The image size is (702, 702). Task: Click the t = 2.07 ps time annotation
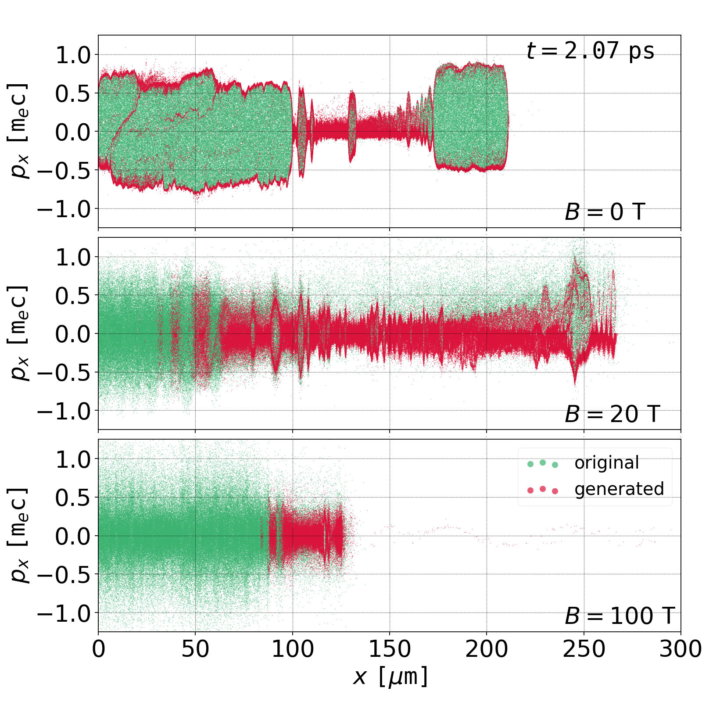tap(590, 51)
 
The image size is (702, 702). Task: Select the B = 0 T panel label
tap(605, 212)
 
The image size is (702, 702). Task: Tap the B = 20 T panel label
tap(612, 414)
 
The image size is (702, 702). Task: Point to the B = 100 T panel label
tap(619, 616)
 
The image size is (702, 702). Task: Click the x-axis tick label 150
tap(390, 649)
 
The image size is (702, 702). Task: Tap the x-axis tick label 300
tap(680, 649)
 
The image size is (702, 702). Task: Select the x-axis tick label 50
tap(195, 649)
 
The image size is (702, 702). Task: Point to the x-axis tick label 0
tap(99, 649)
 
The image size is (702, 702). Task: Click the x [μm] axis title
tap(390, 677)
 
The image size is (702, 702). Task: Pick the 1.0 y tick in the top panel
tap(72, 55)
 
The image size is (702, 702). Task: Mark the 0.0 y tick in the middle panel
tap(72, 334)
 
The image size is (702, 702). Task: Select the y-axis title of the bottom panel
tap(19, 535)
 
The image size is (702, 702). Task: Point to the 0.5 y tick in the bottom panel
tap(72, 497)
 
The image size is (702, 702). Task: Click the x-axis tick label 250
tap(584, 649)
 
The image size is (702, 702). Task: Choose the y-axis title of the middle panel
tap(19, 333)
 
